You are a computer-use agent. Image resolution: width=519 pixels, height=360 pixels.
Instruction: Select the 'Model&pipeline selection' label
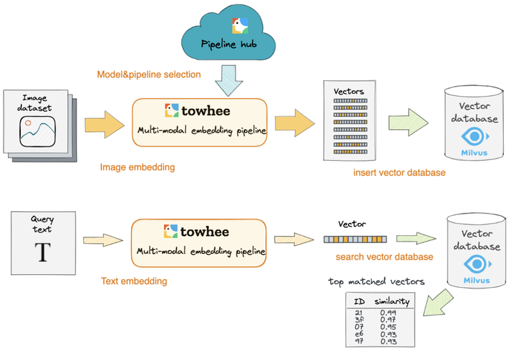click(149, 74)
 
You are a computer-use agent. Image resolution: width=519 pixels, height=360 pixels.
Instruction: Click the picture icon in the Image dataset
click(37, 132)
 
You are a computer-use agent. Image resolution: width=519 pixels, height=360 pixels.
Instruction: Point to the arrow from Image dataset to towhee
click(105, 125)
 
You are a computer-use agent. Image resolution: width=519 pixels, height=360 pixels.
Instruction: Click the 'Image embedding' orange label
click(138, 167)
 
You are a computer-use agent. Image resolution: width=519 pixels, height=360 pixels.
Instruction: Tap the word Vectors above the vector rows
click(349, 92)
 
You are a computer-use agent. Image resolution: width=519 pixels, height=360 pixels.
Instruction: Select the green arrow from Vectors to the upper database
click(409, 122)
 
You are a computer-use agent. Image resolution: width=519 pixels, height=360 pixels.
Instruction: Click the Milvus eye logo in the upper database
click(475, 136)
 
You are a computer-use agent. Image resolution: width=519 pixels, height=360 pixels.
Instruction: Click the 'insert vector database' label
click(399, 172)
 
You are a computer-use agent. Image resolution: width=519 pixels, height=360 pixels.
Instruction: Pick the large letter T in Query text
click(43, 252)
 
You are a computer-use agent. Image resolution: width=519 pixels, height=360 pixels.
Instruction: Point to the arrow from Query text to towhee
click(103, 240)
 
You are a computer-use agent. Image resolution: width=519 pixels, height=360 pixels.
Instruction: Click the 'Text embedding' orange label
click(134, 281)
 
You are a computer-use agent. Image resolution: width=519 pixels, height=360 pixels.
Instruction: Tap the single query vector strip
click(355, 239)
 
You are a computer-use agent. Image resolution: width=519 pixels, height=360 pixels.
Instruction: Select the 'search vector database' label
click(384, 257)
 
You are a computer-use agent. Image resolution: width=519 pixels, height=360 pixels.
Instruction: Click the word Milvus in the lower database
click(476, 281)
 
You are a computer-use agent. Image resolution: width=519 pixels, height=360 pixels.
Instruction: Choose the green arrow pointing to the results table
click(438, 303)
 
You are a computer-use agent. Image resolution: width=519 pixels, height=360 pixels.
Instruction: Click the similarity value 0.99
click(388, 312)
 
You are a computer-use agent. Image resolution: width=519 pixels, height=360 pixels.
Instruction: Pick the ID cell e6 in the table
click(359, 334)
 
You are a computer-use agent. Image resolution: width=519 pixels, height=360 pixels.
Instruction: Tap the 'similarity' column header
click(392, 302)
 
